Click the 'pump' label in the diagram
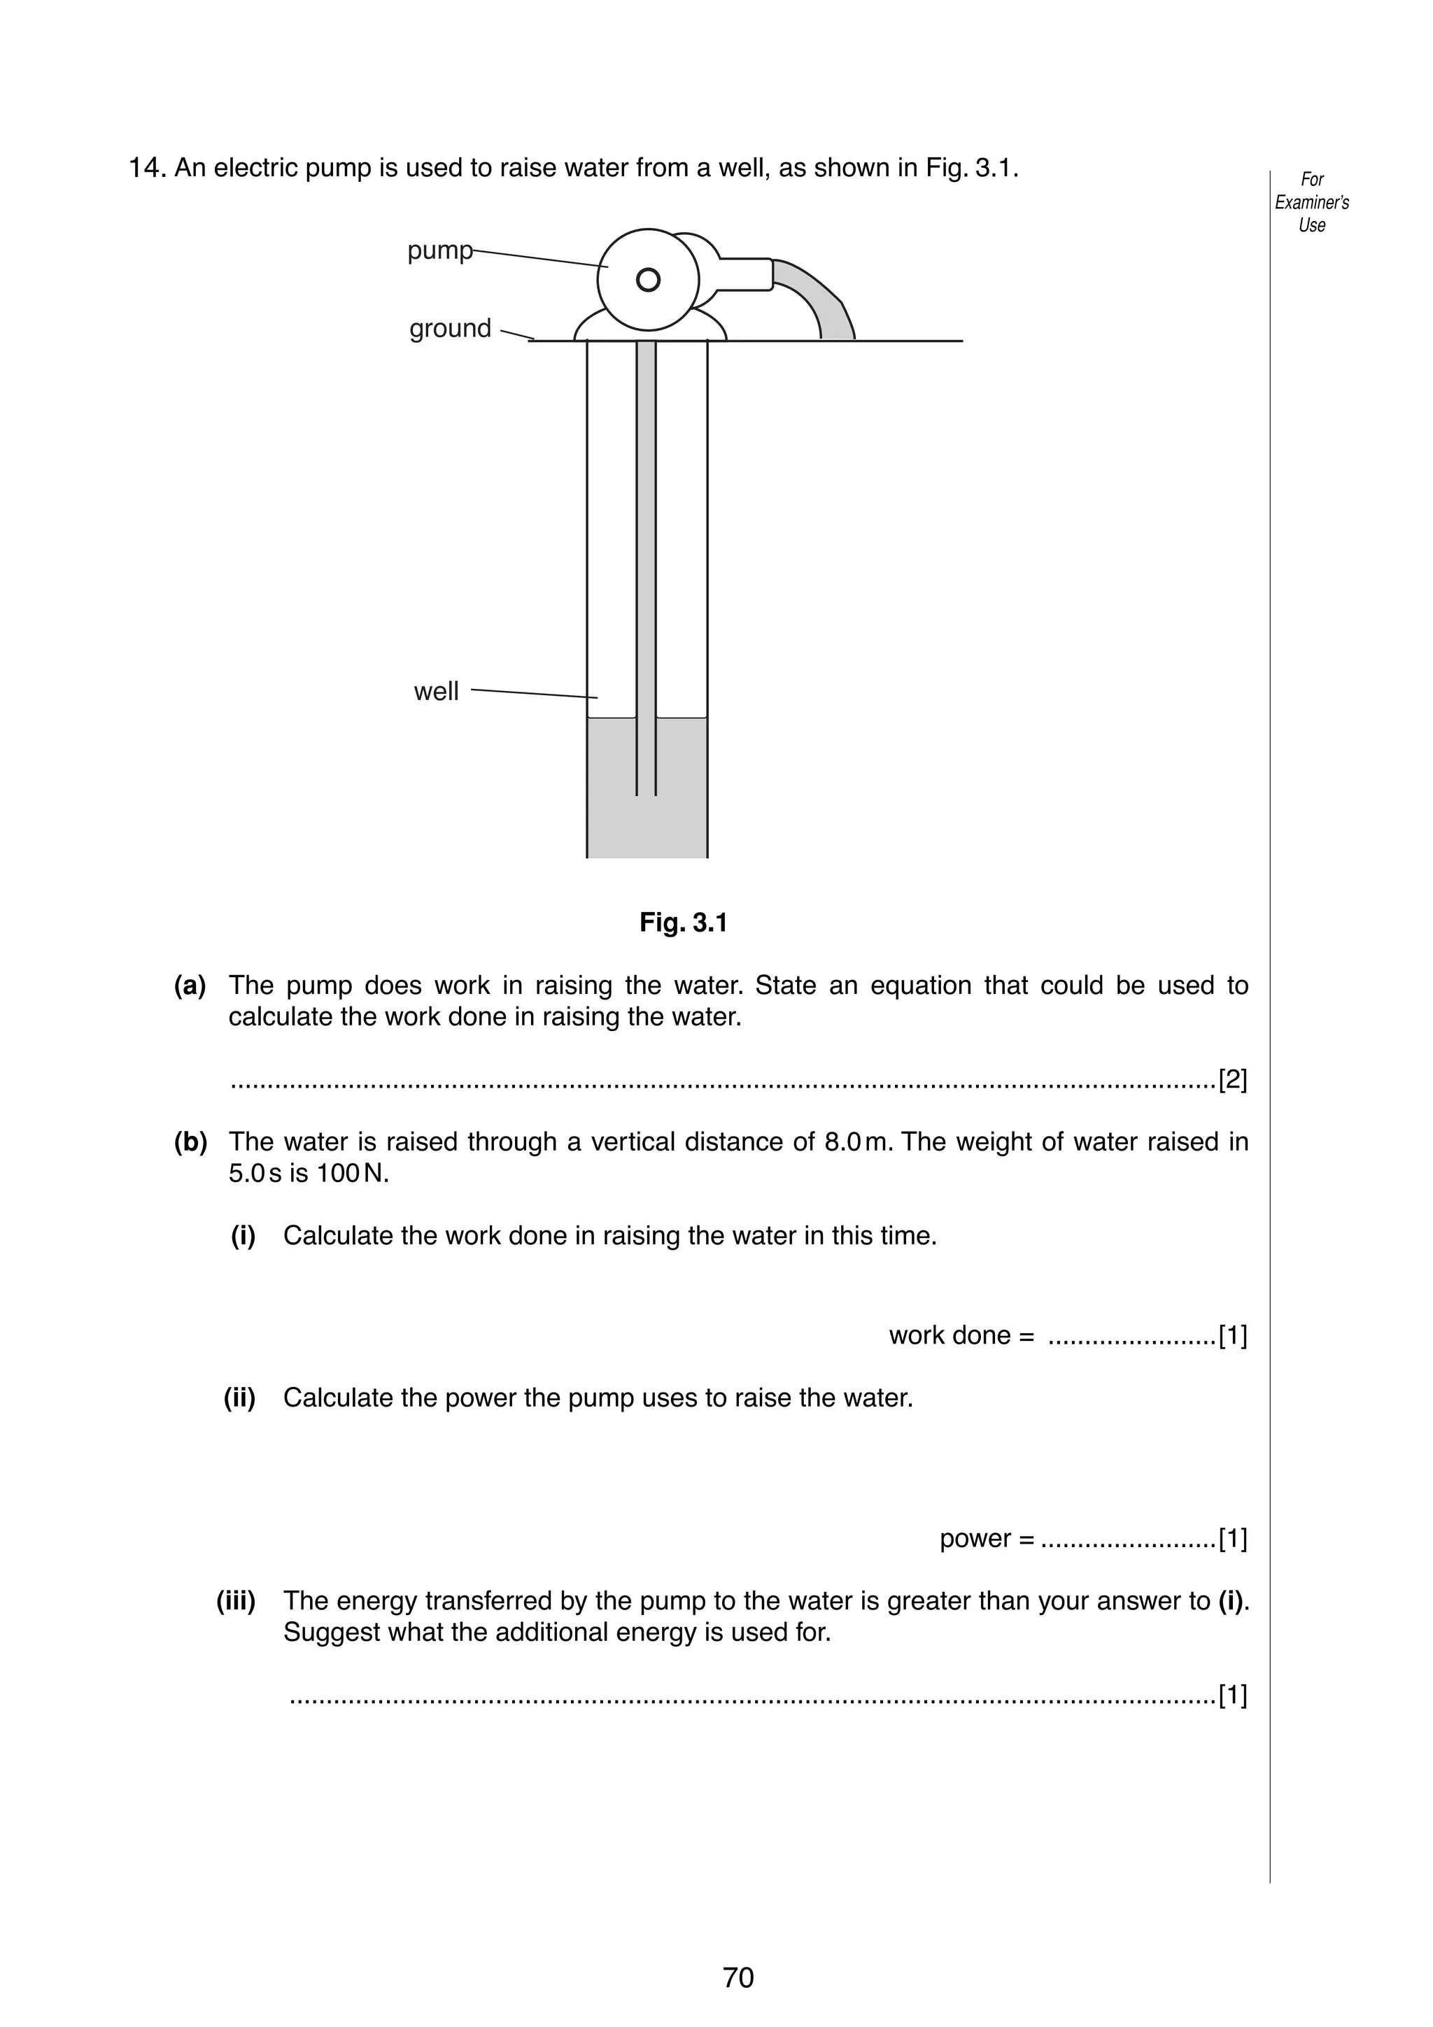[439, 250]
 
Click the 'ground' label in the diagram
[451, 329]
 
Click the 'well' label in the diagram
[436, 691]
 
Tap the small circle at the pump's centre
[648, 280]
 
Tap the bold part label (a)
[190, 986]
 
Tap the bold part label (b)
[191, 1142]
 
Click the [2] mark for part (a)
[1233, 1080]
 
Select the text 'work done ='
[961, 1336]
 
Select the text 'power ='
[986, 1539]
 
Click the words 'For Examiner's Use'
[1311, 202]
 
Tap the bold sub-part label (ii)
[239, 1398]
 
